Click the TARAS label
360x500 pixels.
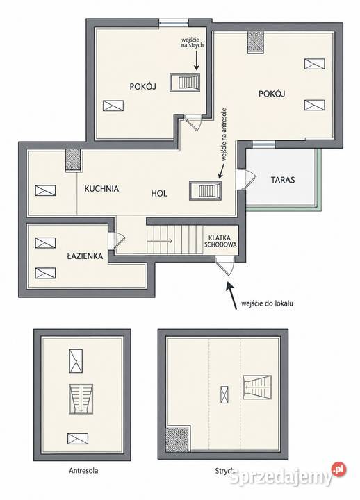tap(283, 180)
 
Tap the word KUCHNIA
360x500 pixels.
tap(101, 189)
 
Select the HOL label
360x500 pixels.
tap(159, 194)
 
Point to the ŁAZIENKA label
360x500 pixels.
tap(85, 256)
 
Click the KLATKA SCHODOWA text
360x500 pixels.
tap(220, 242)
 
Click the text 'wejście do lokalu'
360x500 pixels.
tap(267, 303)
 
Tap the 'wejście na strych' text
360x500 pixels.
tap(192, 42)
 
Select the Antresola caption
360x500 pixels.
tap(83, 470)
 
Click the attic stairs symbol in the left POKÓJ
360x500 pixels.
tap(185, 83)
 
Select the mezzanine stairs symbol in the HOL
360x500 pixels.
tap(205, 191)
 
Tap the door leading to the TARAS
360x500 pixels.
tap(246, 179)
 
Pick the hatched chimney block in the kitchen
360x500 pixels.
tap(73, 160)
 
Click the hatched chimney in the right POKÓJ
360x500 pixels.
tap(256, 42)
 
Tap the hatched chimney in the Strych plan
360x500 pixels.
tap(177, 439)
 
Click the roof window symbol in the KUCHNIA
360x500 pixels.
tap(45, 190)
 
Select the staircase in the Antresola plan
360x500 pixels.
tap(81, 399)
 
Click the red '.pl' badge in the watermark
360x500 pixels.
tap(339, 469)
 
